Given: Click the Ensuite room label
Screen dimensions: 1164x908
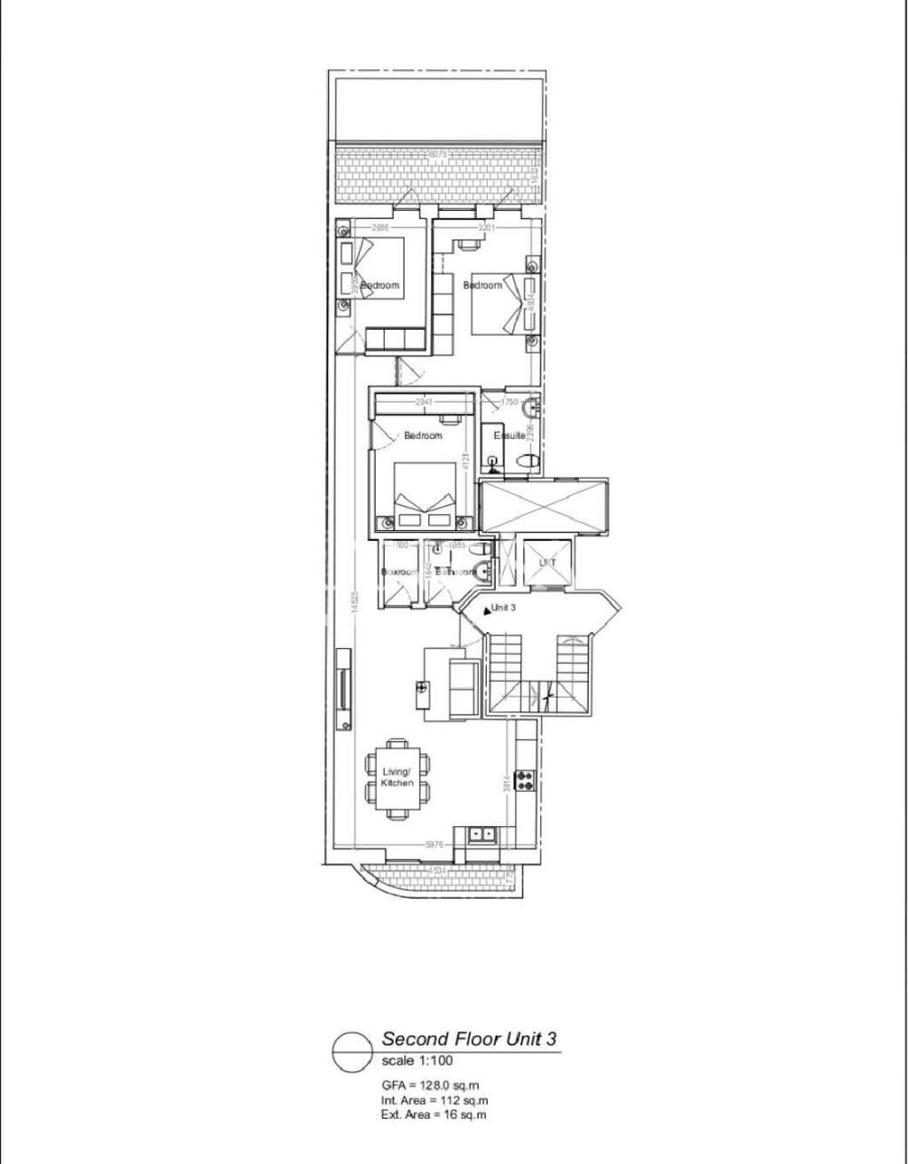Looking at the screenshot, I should click(511, 436).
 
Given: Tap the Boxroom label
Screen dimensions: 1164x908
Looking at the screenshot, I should click(399, 572).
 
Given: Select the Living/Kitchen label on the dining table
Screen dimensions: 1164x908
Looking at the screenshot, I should click(397, 777).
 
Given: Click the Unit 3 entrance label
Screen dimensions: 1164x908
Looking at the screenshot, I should click(504, 608).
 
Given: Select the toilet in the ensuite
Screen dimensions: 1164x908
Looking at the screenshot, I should click(528, 461).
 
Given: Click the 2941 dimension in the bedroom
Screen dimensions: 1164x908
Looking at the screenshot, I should click(427, 402).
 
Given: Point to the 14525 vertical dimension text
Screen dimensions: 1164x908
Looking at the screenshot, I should click(353, 603).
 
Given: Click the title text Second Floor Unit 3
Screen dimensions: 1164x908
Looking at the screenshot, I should click(469, 1039).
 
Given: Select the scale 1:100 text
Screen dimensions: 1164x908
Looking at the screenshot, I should click(418, 1062).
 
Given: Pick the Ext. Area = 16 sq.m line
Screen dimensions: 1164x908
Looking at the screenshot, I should click(434, 1114).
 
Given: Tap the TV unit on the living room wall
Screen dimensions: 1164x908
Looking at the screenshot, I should click(343, 689).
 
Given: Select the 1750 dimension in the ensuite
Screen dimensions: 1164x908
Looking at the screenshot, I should click(508, 402).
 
